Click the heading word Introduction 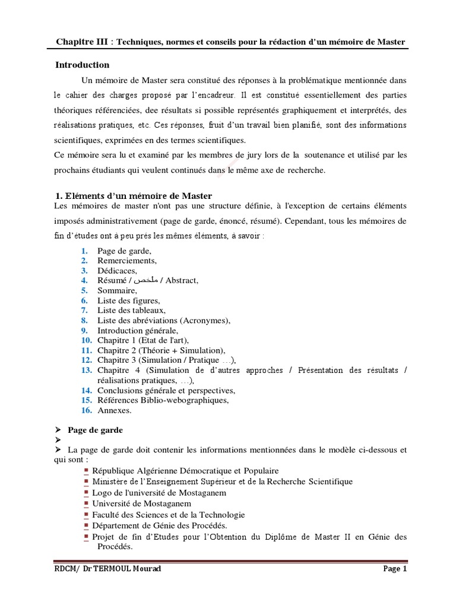click(x=82, y=65)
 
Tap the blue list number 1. click(x=85, y=251)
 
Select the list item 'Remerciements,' click(x=127, y=261)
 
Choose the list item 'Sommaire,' click(x=117, y=290)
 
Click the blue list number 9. click(x=85, y=330)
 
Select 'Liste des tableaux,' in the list click(x=131, y=310)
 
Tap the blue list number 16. click(x=87, y=410)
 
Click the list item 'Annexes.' click(x=115, y=410)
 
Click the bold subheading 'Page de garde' click(x=96, y=430)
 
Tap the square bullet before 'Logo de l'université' click(x=87, y=492)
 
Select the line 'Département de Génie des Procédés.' click(x=159, y=525)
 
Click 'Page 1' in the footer click(x=395, y=569)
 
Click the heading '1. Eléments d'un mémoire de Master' click(x=133, y=196)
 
